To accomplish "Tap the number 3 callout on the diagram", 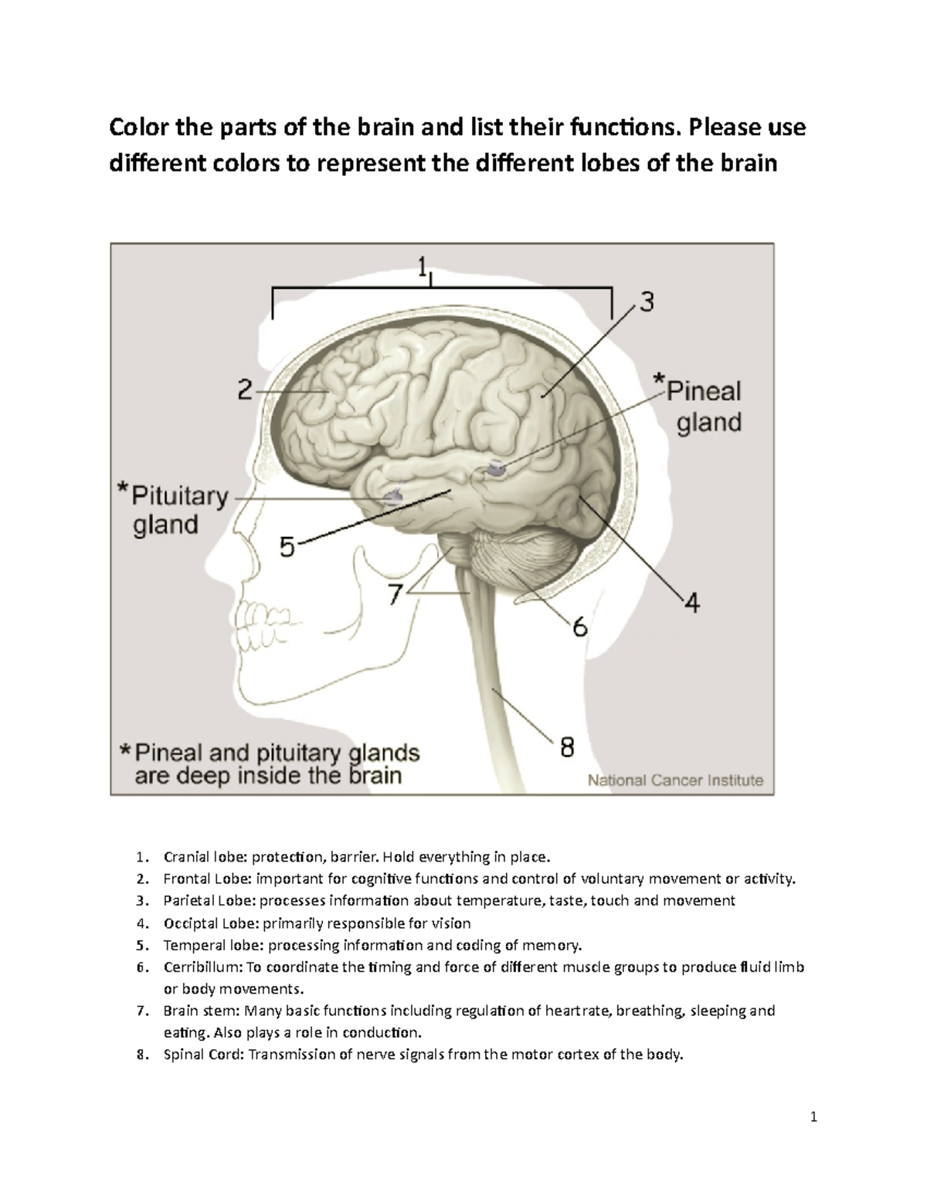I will point(646,302).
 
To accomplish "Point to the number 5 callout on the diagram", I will point(287,548).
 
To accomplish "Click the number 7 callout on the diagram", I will point(395,594).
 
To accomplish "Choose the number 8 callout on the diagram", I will point(567,746).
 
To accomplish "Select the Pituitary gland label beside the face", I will point(178,510).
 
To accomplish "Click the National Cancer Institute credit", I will point(675,780).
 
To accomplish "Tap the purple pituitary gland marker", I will point(392,495).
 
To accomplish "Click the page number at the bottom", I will point(813,1117).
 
